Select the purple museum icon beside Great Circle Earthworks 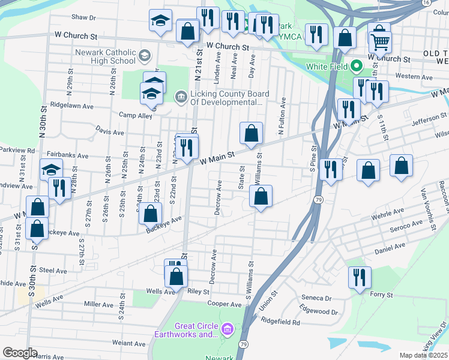(x=227, y=329)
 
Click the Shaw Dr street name (x=83, y=17)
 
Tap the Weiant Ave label (x=129, y=344)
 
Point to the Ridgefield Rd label (x=280, y=322)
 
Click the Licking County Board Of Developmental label (x=226, y=98)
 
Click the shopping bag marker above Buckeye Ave (x=151, y=213)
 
